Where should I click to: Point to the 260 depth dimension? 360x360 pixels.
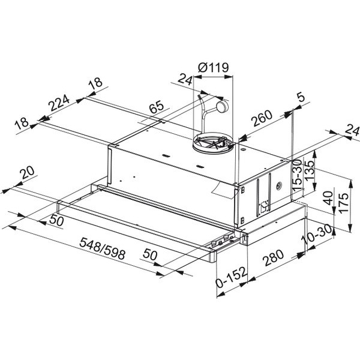[263, 119]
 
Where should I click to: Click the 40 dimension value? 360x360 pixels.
[328, 198]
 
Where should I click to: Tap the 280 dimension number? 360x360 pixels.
[272, 259]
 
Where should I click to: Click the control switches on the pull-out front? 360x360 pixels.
[222, 241]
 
